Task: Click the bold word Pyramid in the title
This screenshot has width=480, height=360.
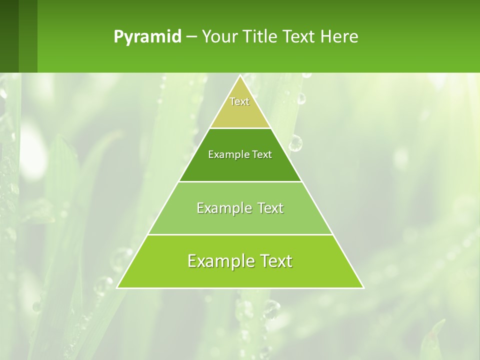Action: (x=147, y=37)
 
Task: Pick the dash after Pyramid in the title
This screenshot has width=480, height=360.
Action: (x=191, y=37)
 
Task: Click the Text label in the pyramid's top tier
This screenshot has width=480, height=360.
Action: (x=239, y=102)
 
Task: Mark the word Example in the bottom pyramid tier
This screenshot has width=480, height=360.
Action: (x=217, y=261)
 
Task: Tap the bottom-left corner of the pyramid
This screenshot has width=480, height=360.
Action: (x=117, y=287)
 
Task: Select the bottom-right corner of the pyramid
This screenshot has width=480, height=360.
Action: (x=363, y=287)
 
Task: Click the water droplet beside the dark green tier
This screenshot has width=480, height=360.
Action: (x=295, y=143)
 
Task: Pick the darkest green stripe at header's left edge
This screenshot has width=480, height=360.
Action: (x=9, y=36)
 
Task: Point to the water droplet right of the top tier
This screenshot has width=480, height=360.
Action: (x=300, y=98)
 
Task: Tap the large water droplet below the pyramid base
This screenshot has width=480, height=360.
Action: (x=271, y=308)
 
